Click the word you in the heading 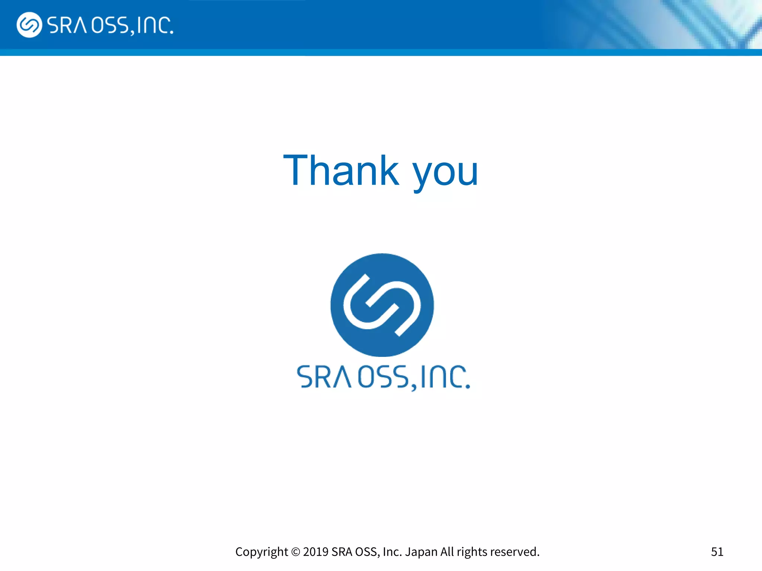point(445,172)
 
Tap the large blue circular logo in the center point(382,305)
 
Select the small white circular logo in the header point(29,25)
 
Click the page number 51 point(717,552)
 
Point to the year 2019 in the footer point(316,552)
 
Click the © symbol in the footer point(295,552)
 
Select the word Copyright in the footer point(262,552)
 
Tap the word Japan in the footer point(421,552)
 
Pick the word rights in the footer point(472,552)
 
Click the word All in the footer point(447,552)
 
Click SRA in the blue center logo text point(324,377)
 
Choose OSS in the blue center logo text point(383,377)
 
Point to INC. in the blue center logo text point(445,377)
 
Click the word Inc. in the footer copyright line point(392,552)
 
